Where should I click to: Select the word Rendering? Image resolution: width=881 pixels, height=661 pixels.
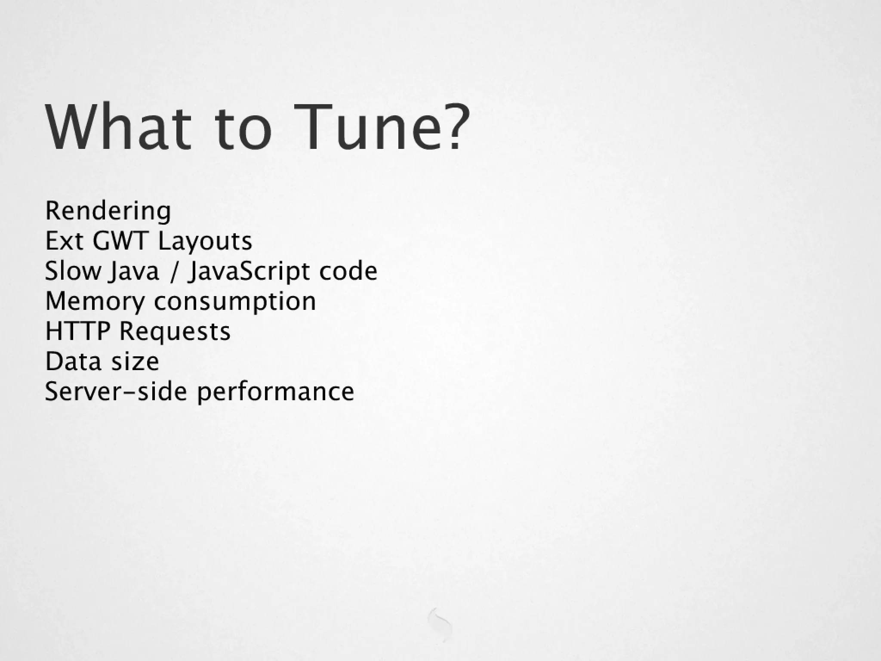tap(108, 211)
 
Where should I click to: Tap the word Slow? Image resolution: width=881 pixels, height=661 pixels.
tap(72, 271)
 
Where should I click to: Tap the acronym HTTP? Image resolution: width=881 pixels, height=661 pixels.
tap(77, 331)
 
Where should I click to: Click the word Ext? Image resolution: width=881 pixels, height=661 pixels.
tap(64, 241)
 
